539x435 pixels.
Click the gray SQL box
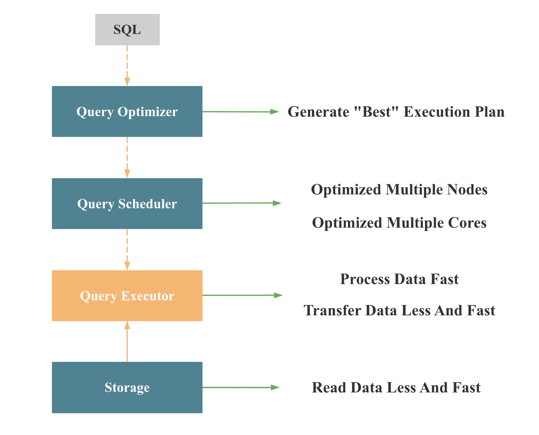[127, 29]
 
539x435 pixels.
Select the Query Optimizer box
[127, 111]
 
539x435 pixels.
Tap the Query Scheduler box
[127, 203]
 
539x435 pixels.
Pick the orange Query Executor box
[127, 295]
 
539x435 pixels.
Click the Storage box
[127, 387]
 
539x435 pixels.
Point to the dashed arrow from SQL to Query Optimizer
[127, 65]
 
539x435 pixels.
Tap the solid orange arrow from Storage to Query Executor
[127, 342]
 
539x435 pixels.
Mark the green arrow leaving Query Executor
[242, 295]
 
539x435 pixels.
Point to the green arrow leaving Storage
[240, 387]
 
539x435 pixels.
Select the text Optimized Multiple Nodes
[399, 190]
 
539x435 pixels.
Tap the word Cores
[467, 223]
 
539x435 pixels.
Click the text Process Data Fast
[399, 279]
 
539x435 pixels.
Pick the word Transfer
[332, 310]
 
